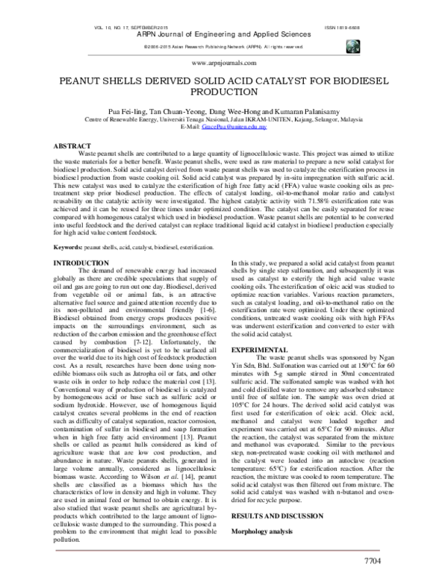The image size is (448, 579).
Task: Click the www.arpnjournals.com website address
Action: [224, 65]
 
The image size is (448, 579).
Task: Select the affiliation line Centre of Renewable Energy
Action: [224, 119]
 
